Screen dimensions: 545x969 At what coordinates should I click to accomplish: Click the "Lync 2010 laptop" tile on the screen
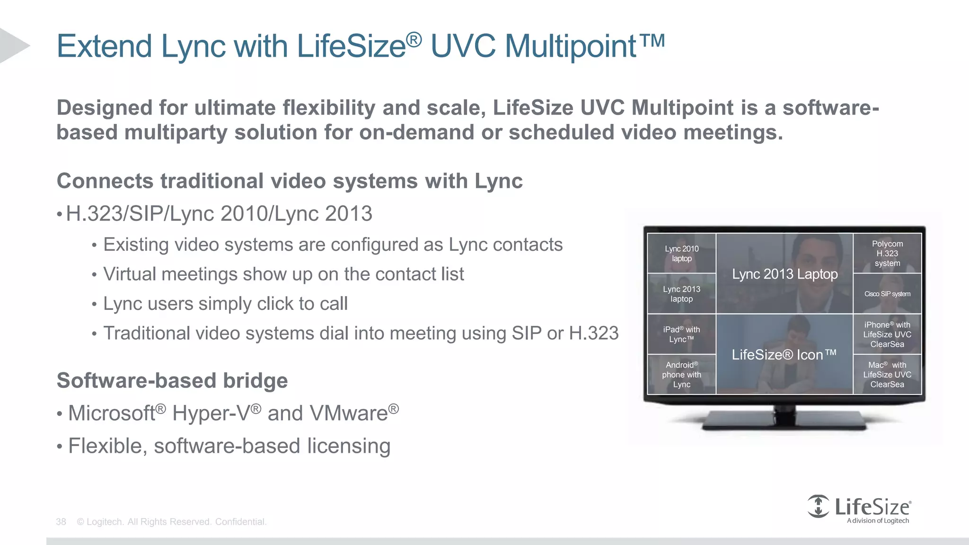(681, 254)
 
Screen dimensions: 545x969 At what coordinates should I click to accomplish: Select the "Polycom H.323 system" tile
(887, 254)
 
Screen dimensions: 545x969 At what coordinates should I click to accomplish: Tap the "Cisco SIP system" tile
(887, 294)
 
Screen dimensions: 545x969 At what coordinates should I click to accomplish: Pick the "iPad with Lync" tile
(681, 334)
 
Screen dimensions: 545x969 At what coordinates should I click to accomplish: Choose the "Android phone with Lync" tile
(681, 374)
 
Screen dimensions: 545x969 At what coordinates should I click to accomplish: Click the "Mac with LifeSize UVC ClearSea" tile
(887, 374)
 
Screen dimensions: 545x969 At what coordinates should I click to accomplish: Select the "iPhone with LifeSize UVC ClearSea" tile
(887, 334)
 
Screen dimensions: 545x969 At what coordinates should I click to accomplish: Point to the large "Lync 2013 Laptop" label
(784, 274)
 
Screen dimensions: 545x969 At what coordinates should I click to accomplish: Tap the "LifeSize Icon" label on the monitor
(784, 354)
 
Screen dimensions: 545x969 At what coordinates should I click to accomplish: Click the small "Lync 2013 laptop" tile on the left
(681, 294)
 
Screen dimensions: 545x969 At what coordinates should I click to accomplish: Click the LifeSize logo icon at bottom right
(818, 506)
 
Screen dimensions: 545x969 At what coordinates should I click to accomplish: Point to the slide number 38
(61, 522)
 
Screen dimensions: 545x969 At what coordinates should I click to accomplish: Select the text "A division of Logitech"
(878, 521)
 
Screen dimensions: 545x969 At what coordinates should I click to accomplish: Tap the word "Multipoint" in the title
(570, 46)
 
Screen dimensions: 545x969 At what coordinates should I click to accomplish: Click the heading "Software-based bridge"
(172, 381)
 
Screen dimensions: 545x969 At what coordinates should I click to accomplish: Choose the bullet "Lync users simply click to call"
(225, 304)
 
